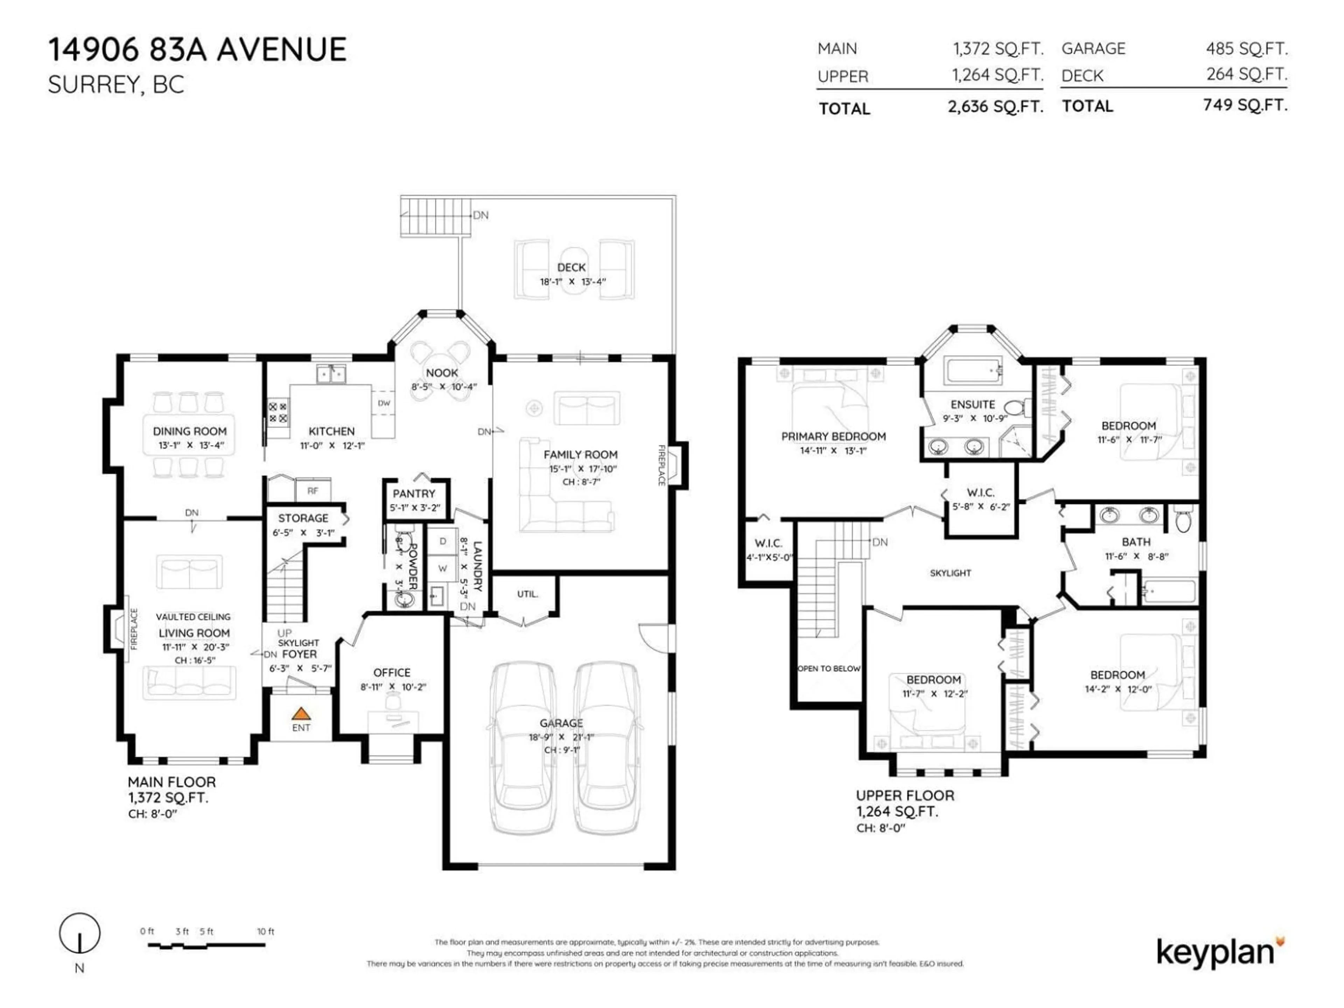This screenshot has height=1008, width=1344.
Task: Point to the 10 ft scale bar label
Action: click(266, 931)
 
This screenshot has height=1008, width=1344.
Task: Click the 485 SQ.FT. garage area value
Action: click(1246, 49)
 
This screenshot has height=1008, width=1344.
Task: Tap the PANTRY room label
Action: click(414, 493)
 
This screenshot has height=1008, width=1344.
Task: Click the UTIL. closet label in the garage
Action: click(527, 594)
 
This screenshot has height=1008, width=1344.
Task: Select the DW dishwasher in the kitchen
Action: click(384, 403)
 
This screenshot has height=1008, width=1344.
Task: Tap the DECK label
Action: click(571, 267)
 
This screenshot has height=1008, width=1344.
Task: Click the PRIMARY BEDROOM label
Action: click(833, 436)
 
